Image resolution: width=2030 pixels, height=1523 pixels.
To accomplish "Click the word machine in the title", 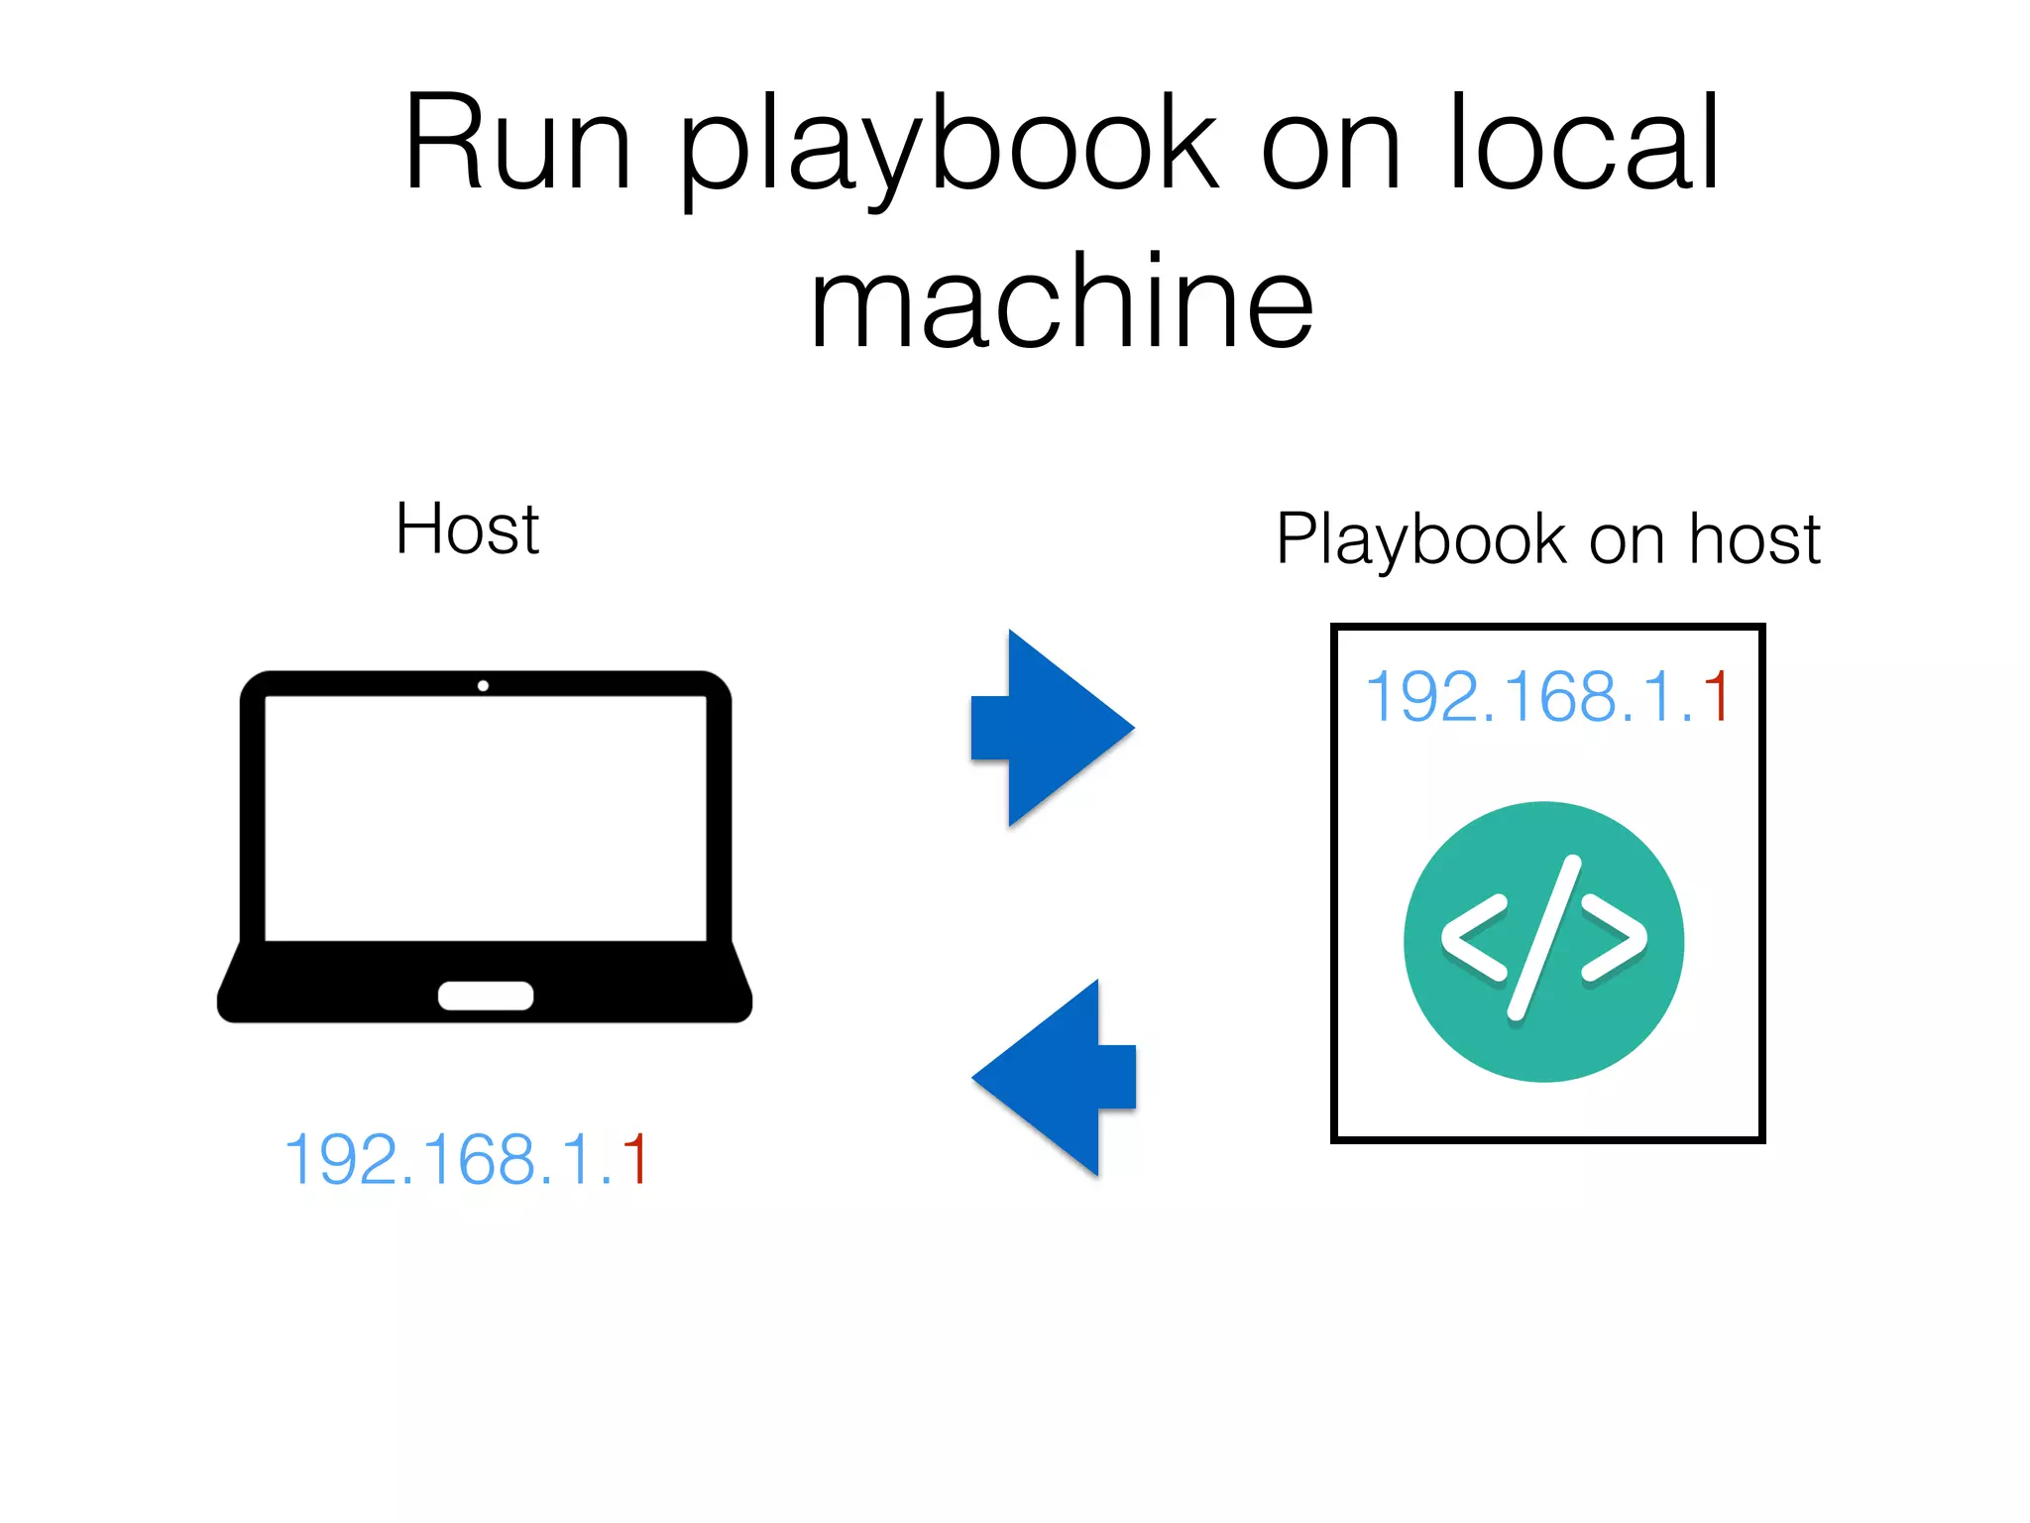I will point(1062,301).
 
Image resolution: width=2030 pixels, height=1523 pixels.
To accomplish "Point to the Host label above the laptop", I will point(467,528).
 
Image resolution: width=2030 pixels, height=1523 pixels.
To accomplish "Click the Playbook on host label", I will point(1547,540).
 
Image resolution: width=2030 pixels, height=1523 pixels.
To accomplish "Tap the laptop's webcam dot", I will point(483,685).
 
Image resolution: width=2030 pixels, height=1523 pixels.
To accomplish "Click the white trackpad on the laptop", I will point(486,996).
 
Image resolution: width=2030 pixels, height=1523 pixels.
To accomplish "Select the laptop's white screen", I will point(486,818).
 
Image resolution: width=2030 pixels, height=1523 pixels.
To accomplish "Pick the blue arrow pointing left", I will point(1055,1077).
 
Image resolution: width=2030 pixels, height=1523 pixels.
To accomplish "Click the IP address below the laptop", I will point(466,1159).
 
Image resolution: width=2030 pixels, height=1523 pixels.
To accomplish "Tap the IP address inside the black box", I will point(1546,696).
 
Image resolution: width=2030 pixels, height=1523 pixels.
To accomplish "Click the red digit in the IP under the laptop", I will point(635,1159).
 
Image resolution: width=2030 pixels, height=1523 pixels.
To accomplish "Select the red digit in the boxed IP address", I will point(1716,696).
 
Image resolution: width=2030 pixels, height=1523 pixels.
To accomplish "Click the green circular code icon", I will point(1543,941).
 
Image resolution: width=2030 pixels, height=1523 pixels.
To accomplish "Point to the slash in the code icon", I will point(1544,938).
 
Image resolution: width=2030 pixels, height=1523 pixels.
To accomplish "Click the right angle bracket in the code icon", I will point(1614,938).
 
